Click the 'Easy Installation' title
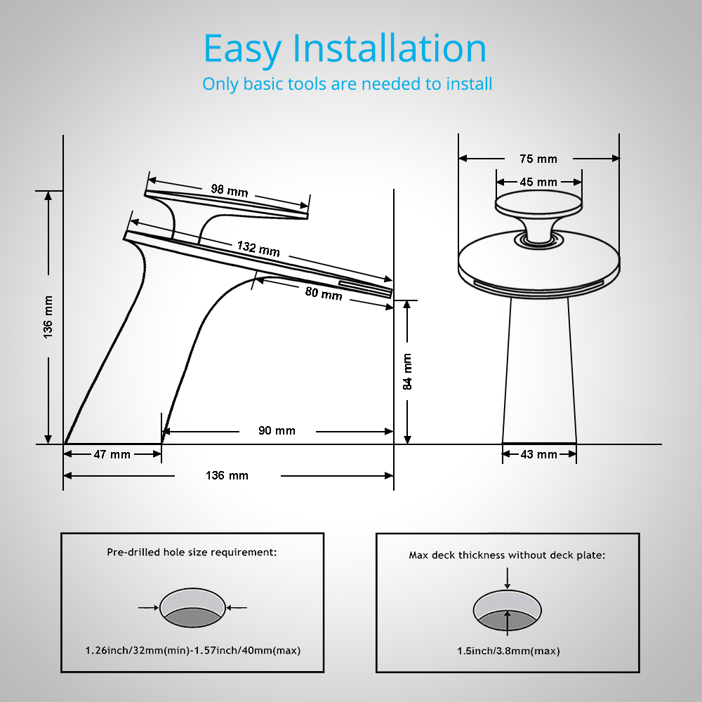[x=345, y=49]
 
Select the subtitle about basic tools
[x=347, y=84]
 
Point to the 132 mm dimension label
[x=258, y=248]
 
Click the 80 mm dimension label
[x=324, y=293]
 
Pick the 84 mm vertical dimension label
[x=407, y=371]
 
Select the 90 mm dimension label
[x=277, y=430]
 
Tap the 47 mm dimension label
[x=112, y=454]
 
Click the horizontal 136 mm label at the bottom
[x=227, y=475]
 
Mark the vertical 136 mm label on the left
[x=48, y=317]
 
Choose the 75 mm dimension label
[x=538, y=159]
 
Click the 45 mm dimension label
[x=538, y=182]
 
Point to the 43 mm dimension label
[x=538, y=454]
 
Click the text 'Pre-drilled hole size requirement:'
[x=192, y=552]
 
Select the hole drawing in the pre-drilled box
[x=193, y=607]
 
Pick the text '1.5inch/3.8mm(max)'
[x=508, y=651]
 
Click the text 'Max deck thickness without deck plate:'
[x=507, y=555]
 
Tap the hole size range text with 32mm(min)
[x=192, y=650]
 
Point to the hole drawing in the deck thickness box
[x=508, y=609]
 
